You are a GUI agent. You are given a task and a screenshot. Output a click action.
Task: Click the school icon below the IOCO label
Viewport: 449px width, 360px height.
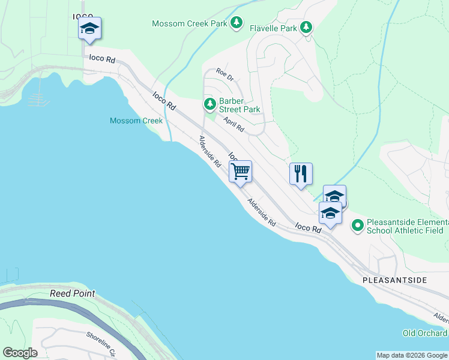(x=89, y=28)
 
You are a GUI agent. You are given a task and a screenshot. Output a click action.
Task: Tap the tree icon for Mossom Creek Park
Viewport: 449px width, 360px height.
(x=237, y=23)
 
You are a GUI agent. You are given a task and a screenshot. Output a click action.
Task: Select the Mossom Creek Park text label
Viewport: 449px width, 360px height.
(x=189, y=23)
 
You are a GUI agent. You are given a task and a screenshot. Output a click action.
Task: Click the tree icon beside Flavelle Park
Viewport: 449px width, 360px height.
(x=306, y=27)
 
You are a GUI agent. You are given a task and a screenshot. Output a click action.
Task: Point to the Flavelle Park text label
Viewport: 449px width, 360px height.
(x=273, y=28)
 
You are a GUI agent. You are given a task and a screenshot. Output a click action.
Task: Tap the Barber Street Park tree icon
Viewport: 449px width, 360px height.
(x=209, y=104)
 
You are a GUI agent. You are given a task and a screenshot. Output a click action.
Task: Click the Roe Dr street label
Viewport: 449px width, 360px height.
(x=224, y=74)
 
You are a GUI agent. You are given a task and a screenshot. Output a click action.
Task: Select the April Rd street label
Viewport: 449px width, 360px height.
(x=234, y=125)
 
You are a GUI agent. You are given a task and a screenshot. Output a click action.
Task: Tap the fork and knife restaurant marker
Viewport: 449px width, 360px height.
(x=301, y=174)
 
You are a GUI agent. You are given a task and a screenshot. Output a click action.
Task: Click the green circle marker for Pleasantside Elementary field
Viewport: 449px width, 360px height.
(x=357, y=226)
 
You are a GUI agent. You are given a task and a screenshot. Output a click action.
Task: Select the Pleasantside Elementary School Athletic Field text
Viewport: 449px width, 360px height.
(x=405, y=226)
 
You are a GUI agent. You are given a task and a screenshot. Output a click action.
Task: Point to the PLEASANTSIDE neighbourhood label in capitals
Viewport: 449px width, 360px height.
(x=394, y=280)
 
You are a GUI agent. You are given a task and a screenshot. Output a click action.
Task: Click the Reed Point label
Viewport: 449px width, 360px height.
(x=72, y=293)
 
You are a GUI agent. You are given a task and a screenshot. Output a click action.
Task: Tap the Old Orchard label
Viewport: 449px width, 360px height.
(x=424, y=333)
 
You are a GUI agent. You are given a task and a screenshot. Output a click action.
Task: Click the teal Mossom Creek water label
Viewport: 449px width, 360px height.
(x=136, y=121)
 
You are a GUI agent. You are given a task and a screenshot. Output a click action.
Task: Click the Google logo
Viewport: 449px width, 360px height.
(x=20, y=353)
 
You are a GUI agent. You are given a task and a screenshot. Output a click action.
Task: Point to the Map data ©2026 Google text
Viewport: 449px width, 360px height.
(x=412, y=355)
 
